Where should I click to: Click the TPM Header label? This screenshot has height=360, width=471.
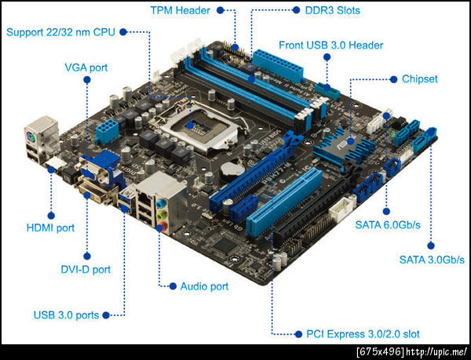click(x=181, y=10)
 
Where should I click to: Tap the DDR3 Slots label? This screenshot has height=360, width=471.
click(x=333, y=10)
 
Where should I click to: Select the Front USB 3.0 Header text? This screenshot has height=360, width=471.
click(x=331, y=45)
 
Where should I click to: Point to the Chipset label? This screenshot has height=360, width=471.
click(x=420, y=79)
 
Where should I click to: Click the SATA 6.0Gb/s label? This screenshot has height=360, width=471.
click(x=388, y=224)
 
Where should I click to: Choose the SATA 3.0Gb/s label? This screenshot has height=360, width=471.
click(x=432, y=260)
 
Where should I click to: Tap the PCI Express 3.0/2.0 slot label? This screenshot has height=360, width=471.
click(x=363, y=334)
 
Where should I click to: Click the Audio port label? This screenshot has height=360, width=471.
click(x=204, y=286)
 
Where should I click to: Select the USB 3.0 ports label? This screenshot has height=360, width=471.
click(x=67, y=315)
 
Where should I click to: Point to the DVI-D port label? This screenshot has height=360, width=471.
click(x=86, y=269)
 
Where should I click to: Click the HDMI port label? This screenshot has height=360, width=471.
click(x=50, y=228)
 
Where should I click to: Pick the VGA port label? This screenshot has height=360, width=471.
click(x=86, y=67)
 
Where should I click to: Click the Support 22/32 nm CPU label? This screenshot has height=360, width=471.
click(x=60, y=32)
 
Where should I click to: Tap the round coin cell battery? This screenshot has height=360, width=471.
click(x=232, y=170)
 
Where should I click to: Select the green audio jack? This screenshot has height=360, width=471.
click(x=162, y=214)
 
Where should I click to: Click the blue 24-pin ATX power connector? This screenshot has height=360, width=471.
click(x=278, y=66)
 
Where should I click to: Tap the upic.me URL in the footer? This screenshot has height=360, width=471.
click(x=436, y=352)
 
